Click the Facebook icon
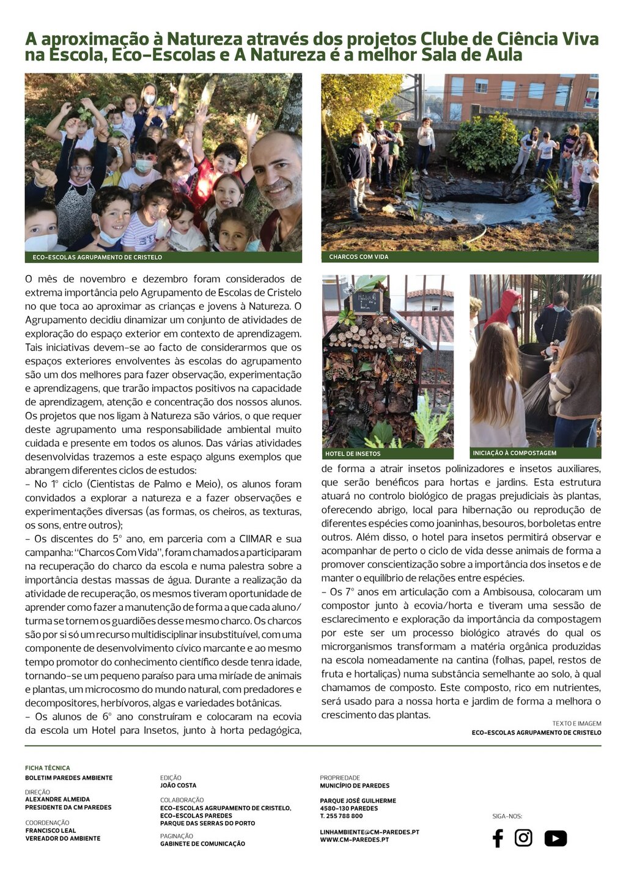point(498,838)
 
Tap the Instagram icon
point(523,838)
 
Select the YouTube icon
point(555,838)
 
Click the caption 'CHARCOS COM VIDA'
point(358,257)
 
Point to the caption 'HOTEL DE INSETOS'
point(353,454)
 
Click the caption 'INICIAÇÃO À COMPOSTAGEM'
point(514,453)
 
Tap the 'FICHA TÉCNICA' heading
point(48,768)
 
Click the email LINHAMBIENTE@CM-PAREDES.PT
point(369,832)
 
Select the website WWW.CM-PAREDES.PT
point(354,840)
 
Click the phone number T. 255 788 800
point(341,816)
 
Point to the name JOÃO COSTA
point(179,786)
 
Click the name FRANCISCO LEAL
point(51,831)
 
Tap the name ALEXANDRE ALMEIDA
point(57,799)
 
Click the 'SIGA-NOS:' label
point(507,816)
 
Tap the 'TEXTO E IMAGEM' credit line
point(576,724)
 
